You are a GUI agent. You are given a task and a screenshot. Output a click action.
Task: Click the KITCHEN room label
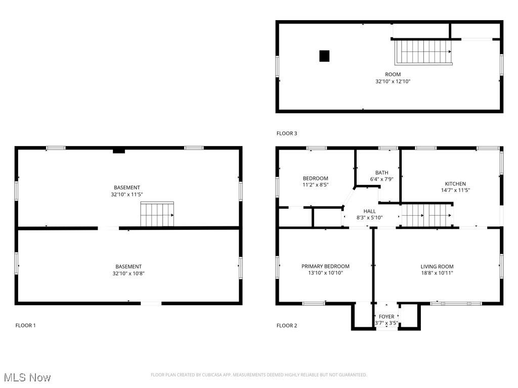coord(455,184)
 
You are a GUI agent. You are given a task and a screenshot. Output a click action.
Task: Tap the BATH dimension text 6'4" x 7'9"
coord(382,178)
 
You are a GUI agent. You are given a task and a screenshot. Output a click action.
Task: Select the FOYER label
coord(386,317)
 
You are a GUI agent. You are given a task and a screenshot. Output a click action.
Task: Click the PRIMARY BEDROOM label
coord(325,266)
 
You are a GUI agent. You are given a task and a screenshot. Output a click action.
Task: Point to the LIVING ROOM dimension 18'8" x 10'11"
coord(437,273)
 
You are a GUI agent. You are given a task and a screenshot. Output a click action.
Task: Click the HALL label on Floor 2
coord(369,211)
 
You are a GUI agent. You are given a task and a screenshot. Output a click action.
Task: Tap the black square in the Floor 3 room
coord(324,56)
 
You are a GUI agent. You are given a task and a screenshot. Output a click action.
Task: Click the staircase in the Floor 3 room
coord(423,52)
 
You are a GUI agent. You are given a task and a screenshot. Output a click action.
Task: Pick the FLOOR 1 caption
coord(25,325)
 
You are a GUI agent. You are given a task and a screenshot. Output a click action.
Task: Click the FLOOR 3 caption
coord(287,133)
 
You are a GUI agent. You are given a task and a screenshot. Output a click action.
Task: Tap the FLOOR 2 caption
coord(287,325)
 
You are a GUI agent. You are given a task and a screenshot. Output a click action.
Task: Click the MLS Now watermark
coord(27,377)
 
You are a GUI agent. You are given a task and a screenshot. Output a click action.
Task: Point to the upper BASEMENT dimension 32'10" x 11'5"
coord(127,194)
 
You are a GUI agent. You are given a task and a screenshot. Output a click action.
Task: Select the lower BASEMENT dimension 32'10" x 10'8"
coord(128,273)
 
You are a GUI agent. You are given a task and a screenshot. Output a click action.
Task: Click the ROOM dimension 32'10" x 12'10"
coord(393,81)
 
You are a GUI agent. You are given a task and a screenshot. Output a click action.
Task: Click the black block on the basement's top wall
coord(119,151)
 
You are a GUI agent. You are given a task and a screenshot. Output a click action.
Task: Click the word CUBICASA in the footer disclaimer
coord(220,375)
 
